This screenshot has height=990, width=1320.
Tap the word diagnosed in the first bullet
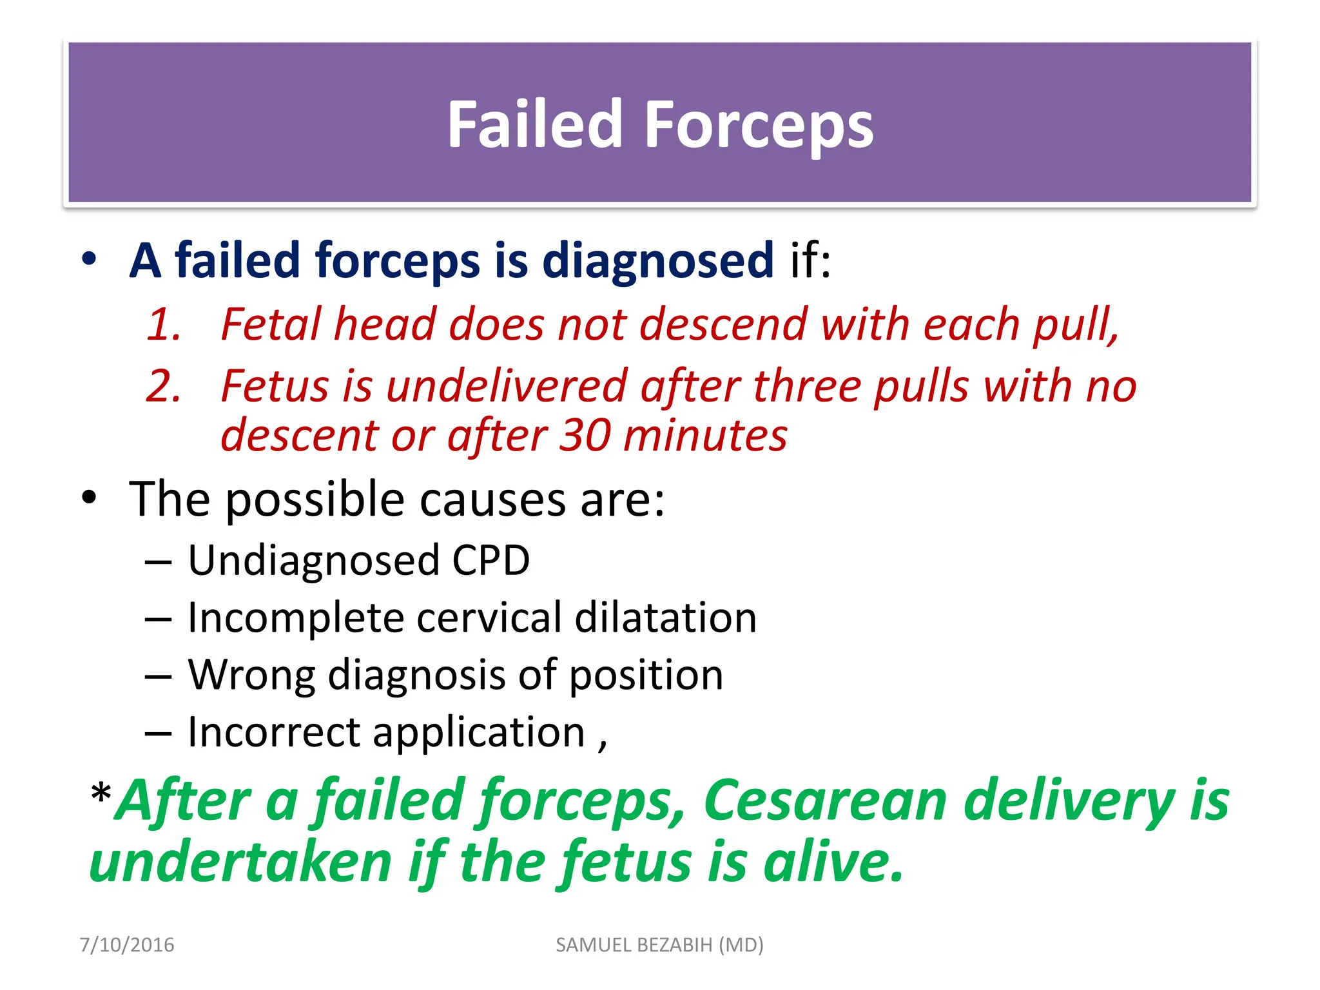point(657,261)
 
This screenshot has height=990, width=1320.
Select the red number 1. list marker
point(164,324)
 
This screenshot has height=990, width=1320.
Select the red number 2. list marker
point(164,386)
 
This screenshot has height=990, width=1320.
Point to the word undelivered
point(506,386)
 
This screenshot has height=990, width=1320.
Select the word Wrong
point(251,675)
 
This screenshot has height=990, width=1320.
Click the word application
point(478,733)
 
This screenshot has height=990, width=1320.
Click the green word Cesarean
point(826,801)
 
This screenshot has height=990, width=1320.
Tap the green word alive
point(833,862)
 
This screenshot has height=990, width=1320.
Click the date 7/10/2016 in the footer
point(127,945)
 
